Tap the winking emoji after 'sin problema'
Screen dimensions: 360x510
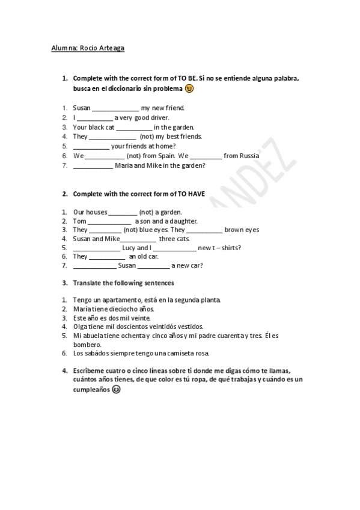pyautogui.click(x=189, y=88)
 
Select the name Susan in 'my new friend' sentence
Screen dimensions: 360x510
pyautogui.click(x=81, y=108)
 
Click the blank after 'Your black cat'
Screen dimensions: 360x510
pyautogui.click(x=134, y=127)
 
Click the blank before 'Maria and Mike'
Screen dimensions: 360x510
pyautogui.click(x=93, y=165)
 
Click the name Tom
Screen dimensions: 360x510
pyautogui.click(x=79, y=221)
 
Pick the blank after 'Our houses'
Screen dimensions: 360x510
pyautogui.click(x=123, y=212)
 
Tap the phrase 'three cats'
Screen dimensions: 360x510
pyautogui.click(x=174, y=239)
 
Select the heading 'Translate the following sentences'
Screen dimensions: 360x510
pyautogui.click(x=123, y=283)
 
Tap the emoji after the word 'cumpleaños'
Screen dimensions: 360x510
pyautogui.click(x=116, y=389)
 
